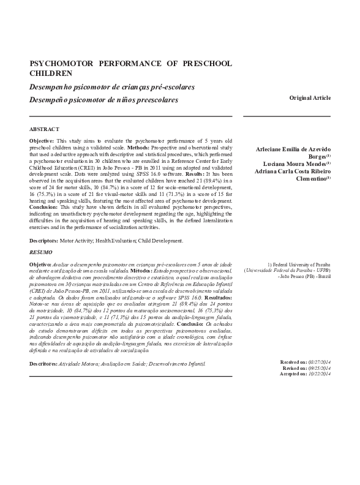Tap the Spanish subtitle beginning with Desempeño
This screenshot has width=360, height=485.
pyautogui.click(x=103, y=99)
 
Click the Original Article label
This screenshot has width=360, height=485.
pyautogui.click(x=310, y=98)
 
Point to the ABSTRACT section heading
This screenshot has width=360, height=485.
pyautogui.click(x=45, y=129)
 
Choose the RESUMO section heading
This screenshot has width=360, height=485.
pyautogui.click(x=41, y=252)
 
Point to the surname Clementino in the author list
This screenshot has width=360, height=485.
pyautogui.click(x=311, y=178)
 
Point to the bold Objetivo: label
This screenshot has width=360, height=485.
pyautogui.click(x=40, y=263)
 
